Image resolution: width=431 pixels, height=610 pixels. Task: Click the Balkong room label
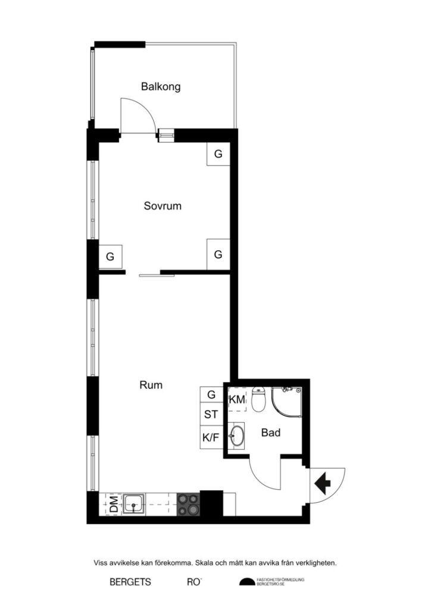click(161, 87)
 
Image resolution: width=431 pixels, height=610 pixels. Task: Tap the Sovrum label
click(163, 207)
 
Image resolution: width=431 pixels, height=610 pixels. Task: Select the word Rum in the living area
click(151, 385)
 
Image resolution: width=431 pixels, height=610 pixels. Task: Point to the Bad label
click(271, 433)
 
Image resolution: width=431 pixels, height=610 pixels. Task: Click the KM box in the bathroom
click(237, 400)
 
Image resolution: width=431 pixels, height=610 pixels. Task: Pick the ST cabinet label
click(211, 414)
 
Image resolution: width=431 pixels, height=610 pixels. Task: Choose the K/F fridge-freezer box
click(211, 438)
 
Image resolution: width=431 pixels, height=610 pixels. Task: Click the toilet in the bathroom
click(258, 400)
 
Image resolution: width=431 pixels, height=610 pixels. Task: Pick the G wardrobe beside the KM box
click(211, 394)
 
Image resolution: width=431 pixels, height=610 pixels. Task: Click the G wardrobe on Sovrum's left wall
click(110, 257)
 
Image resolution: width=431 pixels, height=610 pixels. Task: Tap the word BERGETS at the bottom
click(130, 582)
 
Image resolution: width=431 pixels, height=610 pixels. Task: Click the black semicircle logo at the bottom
click(245, 582)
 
